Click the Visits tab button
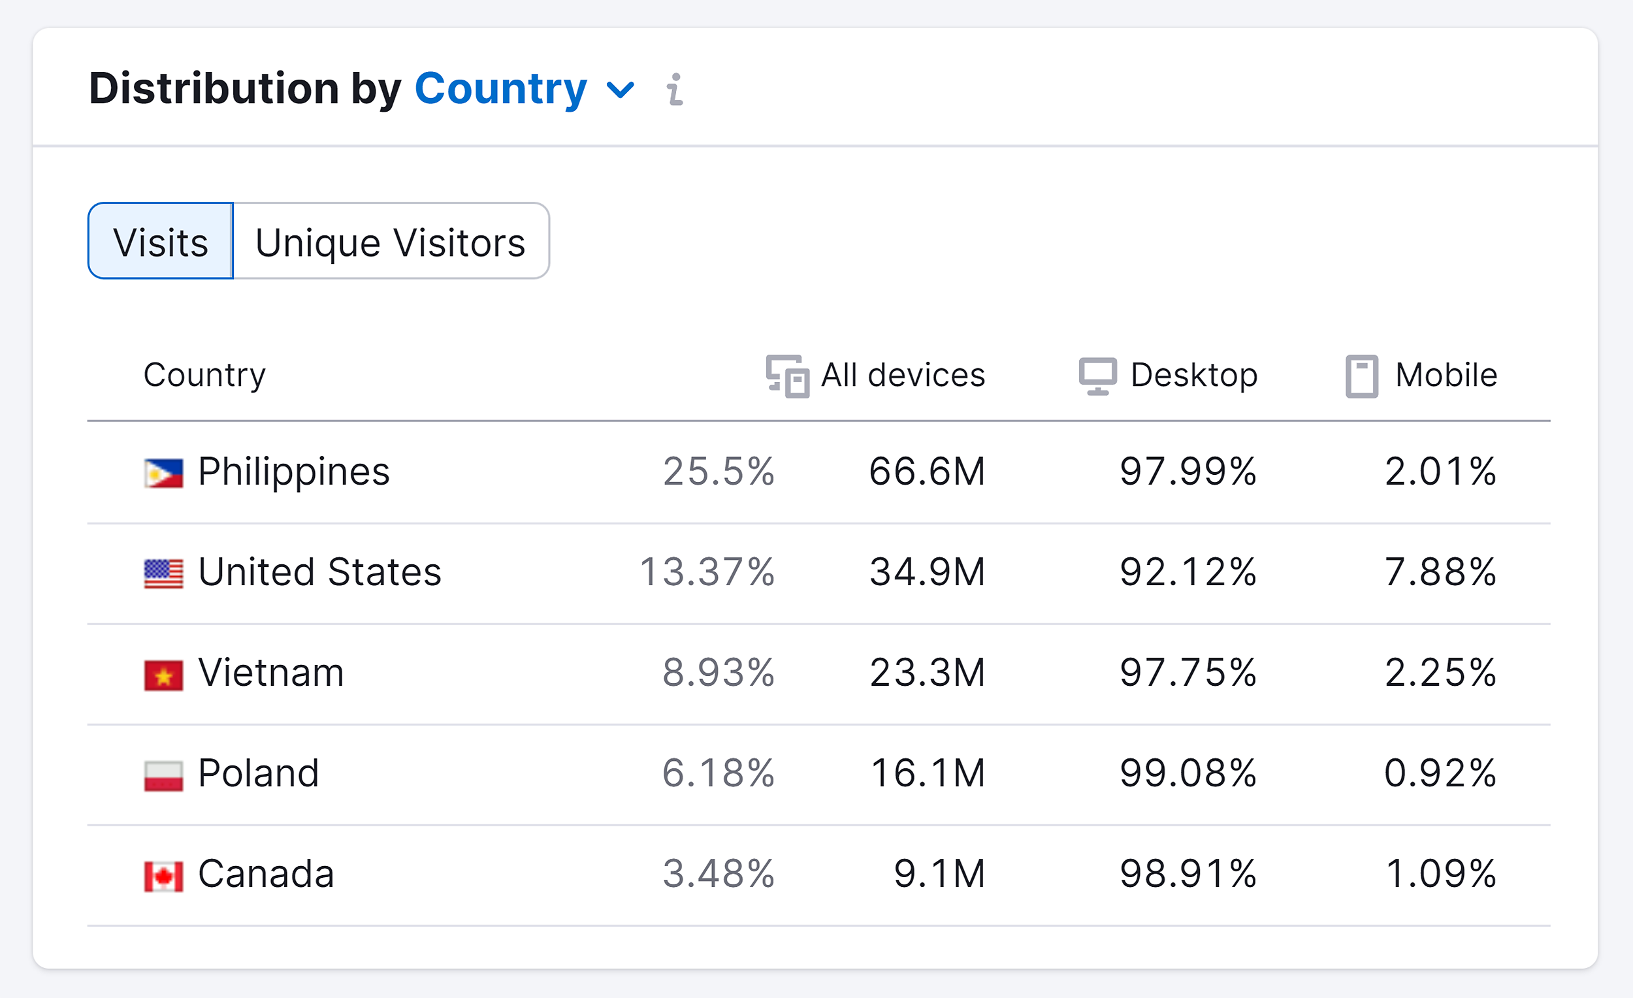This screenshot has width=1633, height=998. (161, 241)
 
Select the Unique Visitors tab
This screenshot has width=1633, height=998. (391, 241)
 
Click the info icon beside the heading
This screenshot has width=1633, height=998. (675, 89)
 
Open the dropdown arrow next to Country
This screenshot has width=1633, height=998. (621, 89)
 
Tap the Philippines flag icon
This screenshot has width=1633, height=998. (164, 473)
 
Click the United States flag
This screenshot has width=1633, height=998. (164, 573)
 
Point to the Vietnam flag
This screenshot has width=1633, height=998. (164, 675)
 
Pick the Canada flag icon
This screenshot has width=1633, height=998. (164, 876)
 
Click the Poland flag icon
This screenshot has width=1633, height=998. (164, 775)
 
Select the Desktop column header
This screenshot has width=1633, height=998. (1169, 375)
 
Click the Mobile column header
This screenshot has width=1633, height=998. (1421, 375)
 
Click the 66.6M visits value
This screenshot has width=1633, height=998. (927, 472)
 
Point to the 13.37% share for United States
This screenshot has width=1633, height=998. (707, 572)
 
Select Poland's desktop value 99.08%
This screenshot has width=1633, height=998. (1188, 773)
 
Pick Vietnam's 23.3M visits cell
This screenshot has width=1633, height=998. (927, 673)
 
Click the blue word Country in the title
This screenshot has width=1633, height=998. (500, 88)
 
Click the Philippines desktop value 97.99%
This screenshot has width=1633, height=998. (1188, 472)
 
